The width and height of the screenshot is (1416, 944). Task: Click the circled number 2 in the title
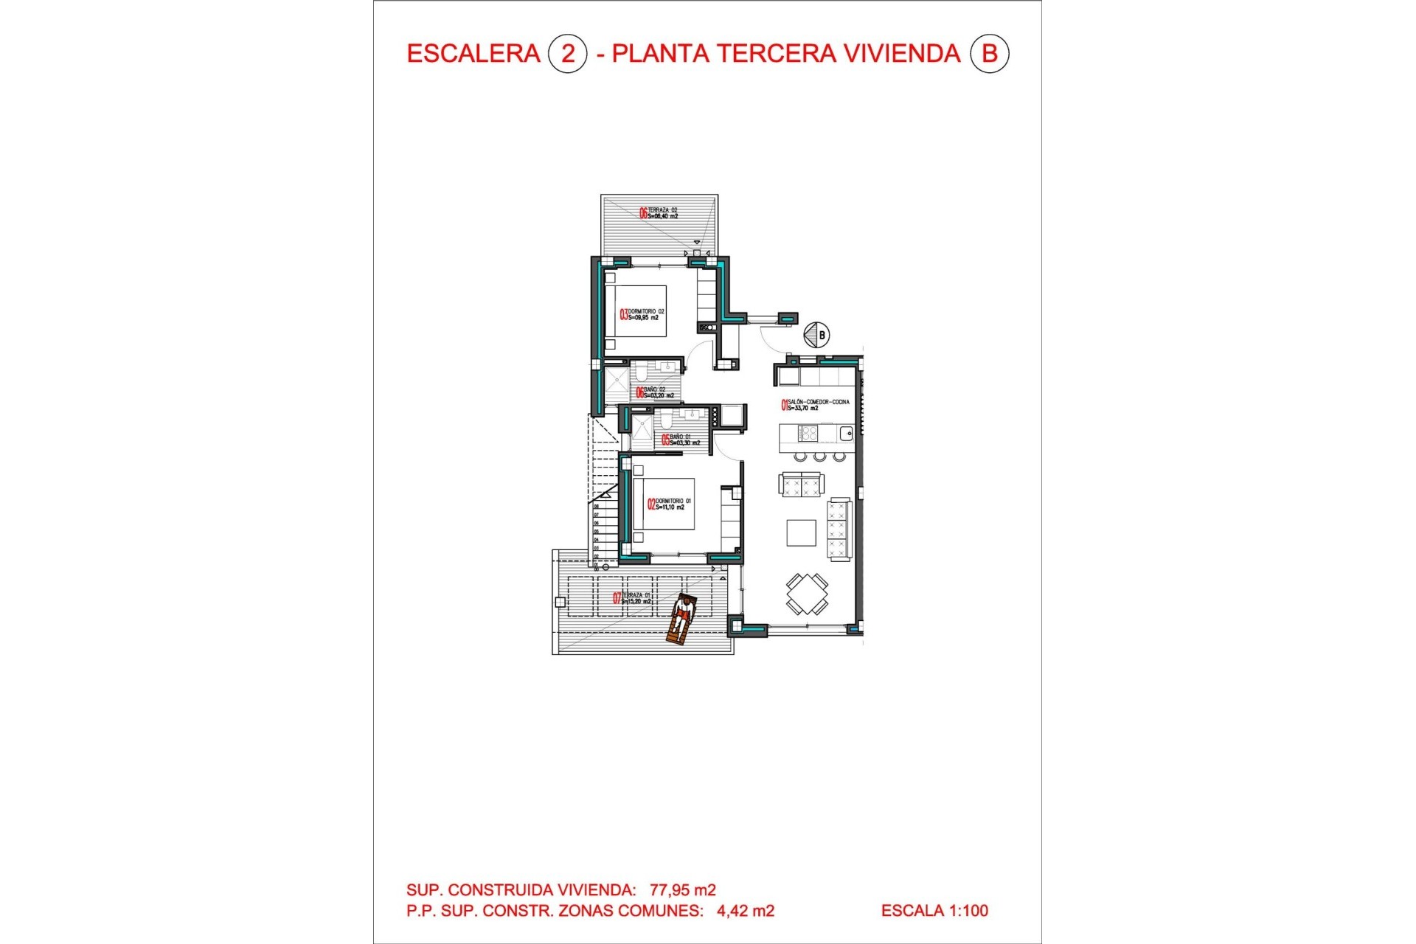567,54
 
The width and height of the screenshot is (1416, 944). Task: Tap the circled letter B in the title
988,54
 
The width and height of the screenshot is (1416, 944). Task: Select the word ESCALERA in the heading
473,54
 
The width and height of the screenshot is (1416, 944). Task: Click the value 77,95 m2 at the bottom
682,890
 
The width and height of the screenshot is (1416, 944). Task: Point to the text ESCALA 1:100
934,911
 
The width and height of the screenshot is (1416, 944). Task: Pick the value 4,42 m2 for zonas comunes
745,911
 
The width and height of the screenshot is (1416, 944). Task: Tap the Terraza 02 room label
659,213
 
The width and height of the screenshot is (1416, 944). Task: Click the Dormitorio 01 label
670,504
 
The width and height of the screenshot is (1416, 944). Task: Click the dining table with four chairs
807,594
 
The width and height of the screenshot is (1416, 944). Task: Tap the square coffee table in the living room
801,532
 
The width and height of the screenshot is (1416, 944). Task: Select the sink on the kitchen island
846,434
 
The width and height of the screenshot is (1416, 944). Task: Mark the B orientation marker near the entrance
816,335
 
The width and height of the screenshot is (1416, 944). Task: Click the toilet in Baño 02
641,369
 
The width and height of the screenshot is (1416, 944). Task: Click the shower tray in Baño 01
642,432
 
